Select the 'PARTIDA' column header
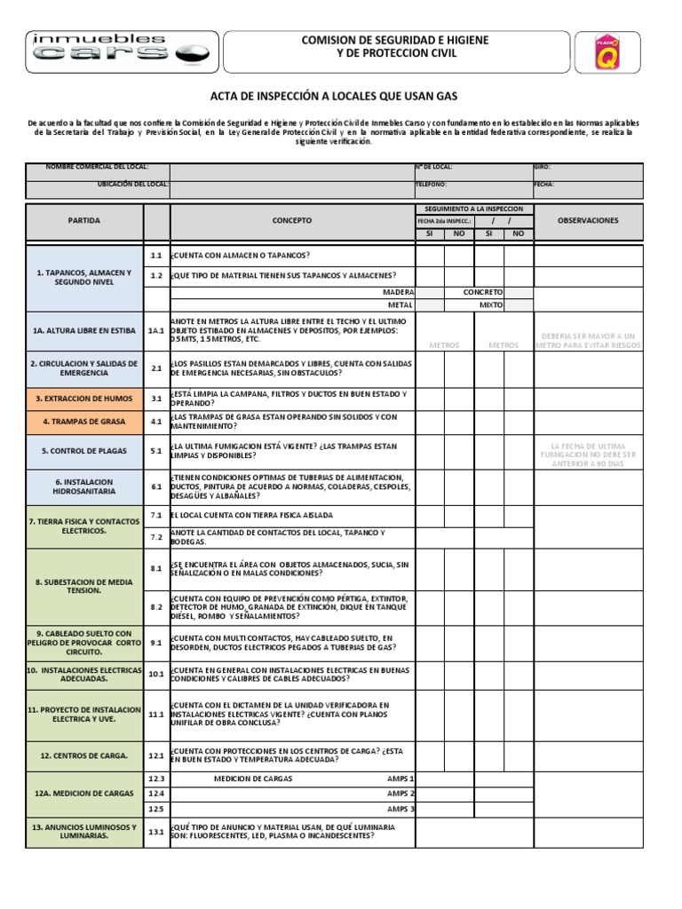pos(84,220)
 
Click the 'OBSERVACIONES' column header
pos(587,220)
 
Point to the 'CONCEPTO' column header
pos(292,220)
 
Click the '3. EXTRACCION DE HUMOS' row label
pos(84,399)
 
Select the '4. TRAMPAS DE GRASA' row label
pos(84,422)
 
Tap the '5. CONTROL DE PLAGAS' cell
pos(84,451)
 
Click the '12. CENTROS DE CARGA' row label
pos(84,755)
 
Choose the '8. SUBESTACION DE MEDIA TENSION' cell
pos(84,585)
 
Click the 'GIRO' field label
pos(543,167)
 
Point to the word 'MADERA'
pos(399,291)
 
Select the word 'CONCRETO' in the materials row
pos(483,291)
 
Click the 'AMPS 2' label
pos(400,793)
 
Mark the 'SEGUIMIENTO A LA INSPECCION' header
pos(473,208)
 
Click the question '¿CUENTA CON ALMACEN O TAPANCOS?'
pos(240,255)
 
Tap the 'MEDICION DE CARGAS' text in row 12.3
pos(253,778)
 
